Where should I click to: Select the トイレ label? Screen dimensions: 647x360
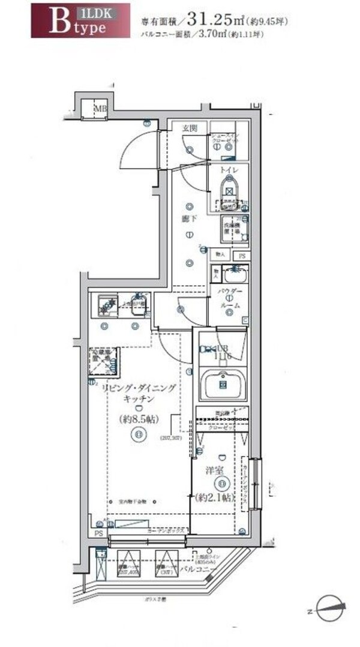click(227, 170)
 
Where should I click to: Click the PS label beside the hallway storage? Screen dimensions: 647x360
click(242, 255)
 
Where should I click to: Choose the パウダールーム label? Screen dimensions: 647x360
click(229, 298)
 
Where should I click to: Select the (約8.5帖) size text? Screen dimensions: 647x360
click(139, 418)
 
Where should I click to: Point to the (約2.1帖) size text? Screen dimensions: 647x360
click(214, 498)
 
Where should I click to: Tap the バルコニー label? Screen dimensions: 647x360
click(213, 567)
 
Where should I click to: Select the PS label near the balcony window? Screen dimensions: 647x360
click(98, 533)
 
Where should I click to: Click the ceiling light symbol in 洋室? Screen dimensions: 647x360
click(222, 484)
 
